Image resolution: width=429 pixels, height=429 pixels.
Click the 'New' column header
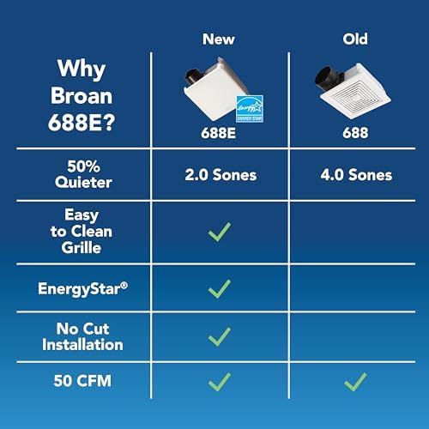click(x=219, y=39)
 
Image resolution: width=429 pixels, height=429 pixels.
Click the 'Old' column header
click(x=354, y=39)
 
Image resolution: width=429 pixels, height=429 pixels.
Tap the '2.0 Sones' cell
click(x=219, y=175)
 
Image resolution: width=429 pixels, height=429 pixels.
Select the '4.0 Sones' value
click(x=354, y=175)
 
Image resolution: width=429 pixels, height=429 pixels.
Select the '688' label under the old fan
click(x=354, y=134)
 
